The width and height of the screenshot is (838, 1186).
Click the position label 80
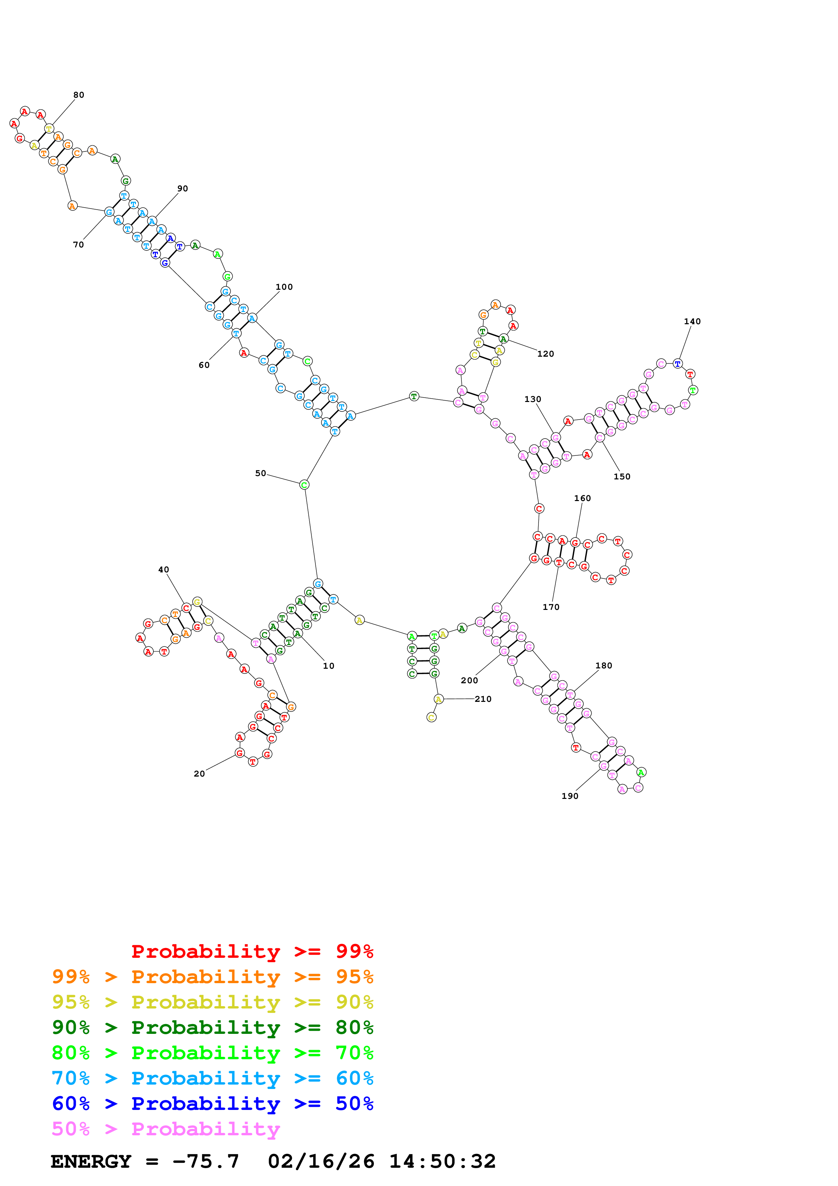coord(78,95)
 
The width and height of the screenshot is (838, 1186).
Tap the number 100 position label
coord(284,287)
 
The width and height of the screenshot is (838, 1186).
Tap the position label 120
coord(546,354)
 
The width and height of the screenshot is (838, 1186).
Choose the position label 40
coord(164,570)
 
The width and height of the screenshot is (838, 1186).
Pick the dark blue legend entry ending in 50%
coord(212,1104)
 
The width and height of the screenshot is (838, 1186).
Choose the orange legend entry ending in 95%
coord(212,976)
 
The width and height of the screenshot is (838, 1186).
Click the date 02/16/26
coord(321,1161)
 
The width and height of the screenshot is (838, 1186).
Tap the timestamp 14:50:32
coord(442,1161)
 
